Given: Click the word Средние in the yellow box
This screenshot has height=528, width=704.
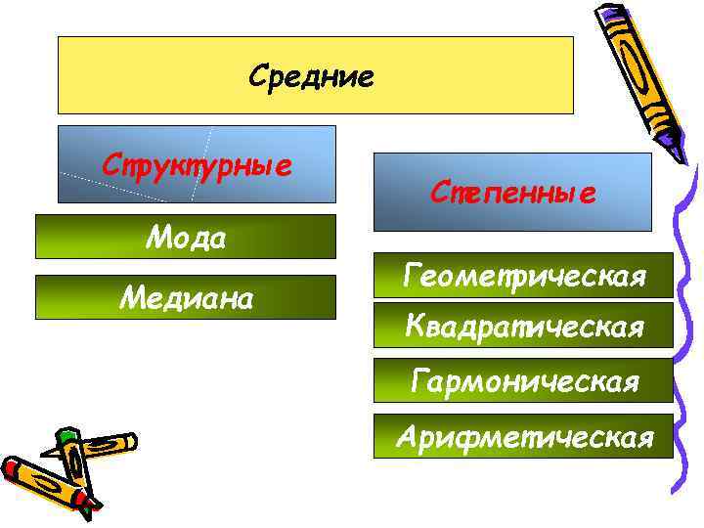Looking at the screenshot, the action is click(311, 75).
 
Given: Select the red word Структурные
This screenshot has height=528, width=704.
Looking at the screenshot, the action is click(197, 162).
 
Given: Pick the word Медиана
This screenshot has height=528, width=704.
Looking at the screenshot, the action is click(186, 297).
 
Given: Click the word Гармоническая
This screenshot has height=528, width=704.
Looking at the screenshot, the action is click(525, 379).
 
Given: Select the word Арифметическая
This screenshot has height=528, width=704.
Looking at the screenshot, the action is click(525, 436).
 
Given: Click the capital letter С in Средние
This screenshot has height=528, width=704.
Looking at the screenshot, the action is click(258, 75).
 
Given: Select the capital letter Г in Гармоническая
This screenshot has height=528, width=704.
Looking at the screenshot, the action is click(418, 379).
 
